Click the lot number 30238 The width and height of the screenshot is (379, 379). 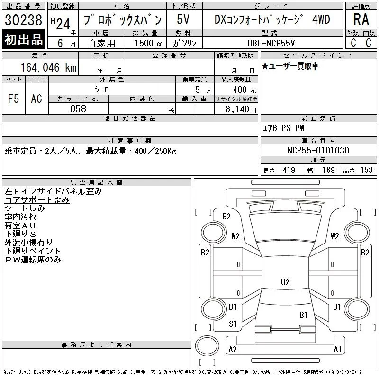[23, 20]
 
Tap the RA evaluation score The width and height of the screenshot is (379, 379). [361, 19]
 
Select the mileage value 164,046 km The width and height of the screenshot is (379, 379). [48, 67]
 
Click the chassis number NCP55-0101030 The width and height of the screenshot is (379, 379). [318, 150]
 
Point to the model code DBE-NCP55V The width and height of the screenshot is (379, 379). [271, 43]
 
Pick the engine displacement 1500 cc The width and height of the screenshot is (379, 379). [149, 43]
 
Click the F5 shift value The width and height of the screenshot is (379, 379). [13, 99]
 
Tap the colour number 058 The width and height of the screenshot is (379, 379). [78, 109]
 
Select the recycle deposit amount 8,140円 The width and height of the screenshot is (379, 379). [241, 109]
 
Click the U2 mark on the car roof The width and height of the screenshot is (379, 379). [285, 282]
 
